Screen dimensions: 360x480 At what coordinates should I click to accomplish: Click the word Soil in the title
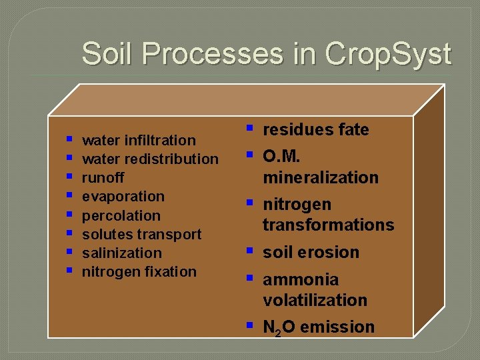(x=111, y=53)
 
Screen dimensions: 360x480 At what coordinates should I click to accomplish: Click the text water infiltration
(x=139, y=140)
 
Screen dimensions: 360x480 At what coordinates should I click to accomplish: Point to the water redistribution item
(x=150, y=159)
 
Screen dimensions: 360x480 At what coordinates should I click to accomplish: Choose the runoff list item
(x=103, y=177)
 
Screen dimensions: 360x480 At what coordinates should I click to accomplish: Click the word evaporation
(x=123, y=196)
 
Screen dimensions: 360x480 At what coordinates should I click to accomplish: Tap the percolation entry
(x=121, y=215)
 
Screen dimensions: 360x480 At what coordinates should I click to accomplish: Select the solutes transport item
(x=141, y=234)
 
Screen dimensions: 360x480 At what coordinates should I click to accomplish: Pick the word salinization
(x=121, y=253)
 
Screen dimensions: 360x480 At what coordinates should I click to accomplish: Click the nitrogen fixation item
(x=139, y=271)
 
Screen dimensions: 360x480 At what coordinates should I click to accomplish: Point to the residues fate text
(x=315, y=129)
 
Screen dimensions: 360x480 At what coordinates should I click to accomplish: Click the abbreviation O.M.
(x=282, y=157)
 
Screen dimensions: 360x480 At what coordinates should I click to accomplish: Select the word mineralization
(x=320, y=177)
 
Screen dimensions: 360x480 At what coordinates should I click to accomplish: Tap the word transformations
(x=328, y=225)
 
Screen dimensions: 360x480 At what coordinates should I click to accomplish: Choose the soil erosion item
(x=311, y=252)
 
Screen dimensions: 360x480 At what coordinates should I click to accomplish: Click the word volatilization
(x=315, y=300)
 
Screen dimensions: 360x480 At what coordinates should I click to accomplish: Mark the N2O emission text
(x=318, y=327)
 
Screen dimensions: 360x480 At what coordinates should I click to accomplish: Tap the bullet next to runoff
(x=69, y=177)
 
